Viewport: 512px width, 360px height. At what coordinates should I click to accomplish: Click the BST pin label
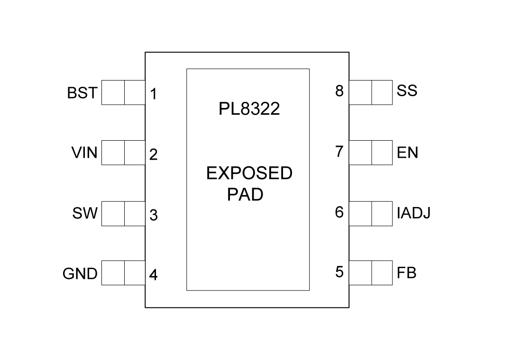[x=82, y=93]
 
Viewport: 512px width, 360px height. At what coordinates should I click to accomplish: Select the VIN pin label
[x=84, y=153]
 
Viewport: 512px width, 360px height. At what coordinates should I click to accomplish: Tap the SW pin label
[x=85, y=214]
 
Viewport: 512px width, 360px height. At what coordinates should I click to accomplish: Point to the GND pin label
[x=80, y=273]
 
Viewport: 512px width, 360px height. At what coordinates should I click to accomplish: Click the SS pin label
[x=407, y=90]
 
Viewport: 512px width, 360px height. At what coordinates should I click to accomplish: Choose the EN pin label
[x=408, y=153]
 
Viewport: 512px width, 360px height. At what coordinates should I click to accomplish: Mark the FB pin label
[x=407, y=273]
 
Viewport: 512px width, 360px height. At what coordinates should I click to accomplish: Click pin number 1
[x=154, y=94]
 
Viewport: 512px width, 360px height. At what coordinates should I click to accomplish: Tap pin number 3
[x=154, y=215]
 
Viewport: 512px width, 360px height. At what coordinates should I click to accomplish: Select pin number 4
[x=154, y=275]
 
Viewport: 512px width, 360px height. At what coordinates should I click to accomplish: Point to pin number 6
[x=339, y=212]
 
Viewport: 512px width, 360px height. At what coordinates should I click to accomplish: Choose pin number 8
[x=339, y=91]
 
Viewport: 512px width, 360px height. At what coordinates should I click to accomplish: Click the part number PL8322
[x=249, y=109]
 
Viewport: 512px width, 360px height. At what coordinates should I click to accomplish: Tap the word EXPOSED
[x=249, y=174]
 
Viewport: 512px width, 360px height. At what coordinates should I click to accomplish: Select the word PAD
[x=245, y=195]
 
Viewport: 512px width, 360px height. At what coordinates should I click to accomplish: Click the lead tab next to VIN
[x=123, y=153]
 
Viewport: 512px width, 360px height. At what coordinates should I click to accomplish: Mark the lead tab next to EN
[x=371, y=153]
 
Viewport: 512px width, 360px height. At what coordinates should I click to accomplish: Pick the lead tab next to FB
[x=371, y=272]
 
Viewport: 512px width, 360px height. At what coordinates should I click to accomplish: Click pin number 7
[x=339, y=152]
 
